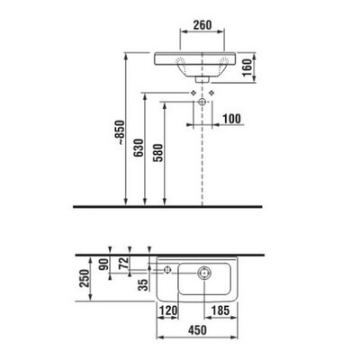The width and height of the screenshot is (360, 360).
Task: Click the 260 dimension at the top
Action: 202,25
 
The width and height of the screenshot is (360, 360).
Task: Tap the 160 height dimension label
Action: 247,67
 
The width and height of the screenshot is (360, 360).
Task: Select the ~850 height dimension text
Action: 120,133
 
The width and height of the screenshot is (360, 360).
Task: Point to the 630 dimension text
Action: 139,148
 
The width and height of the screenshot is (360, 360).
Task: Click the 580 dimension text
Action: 158,153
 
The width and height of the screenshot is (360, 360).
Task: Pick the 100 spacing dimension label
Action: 231,119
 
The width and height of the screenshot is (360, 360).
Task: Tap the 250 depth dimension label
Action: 85,278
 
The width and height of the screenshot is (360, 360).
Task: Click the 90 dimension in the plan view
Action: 103,265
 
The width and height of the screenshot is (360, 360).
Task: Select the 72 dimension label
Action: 123,263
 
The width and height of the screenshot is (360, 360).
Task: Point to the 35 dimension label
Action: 144,284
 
